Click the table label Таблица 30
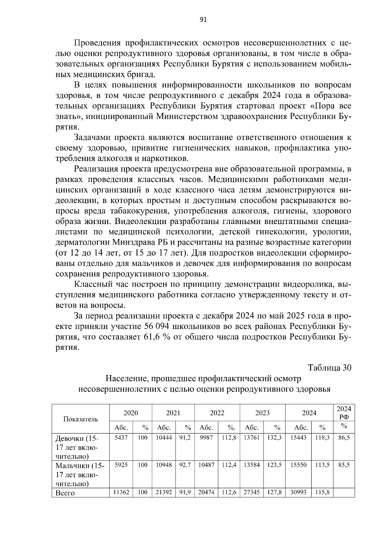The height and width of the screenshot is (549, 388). point(329,368)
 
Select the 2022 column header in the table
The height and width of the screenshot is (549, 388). point(217,413)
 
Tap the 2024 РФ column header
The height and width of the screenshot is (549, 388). point(344,413)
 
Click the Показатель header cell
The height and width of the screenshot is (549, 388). point(81,419)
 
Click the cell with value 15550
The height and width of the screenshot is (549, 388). point(298,465)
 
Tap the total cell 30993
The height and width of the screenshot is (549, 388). point(298,492)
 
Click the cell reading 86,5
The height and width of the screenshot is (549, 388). point(344,437)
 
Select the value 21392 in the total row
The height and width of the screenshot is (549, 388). point(164,492)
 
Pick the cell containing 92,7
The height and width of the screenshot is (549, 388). point(185,465)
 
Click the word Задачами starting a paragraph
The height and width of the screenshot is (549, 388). point(92,137)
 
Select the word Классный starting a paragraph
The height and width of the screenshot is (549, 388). point(92,285)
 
